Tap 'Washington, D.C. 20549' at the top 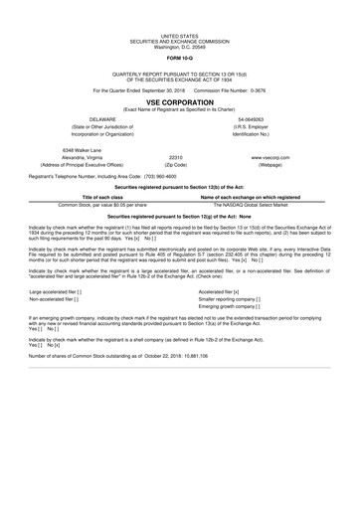click(179, 19)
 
